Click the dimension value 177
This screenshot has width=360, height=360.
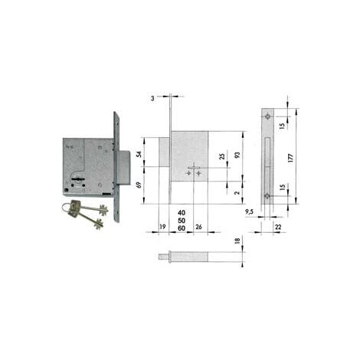290,158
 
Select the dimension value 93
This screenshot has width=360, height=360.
237,155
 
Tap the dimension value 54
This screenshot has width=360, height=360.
139,154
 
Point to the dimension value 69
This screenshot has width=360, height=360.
139,185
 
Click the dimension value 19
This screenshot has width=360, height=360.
162,227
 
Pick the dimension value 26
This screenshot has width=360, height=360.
198,227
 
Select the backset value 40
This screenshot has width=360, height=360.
182,213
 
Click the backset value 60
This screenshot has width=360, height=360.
182,228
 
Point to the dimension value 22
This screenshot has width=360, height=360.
278,227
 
